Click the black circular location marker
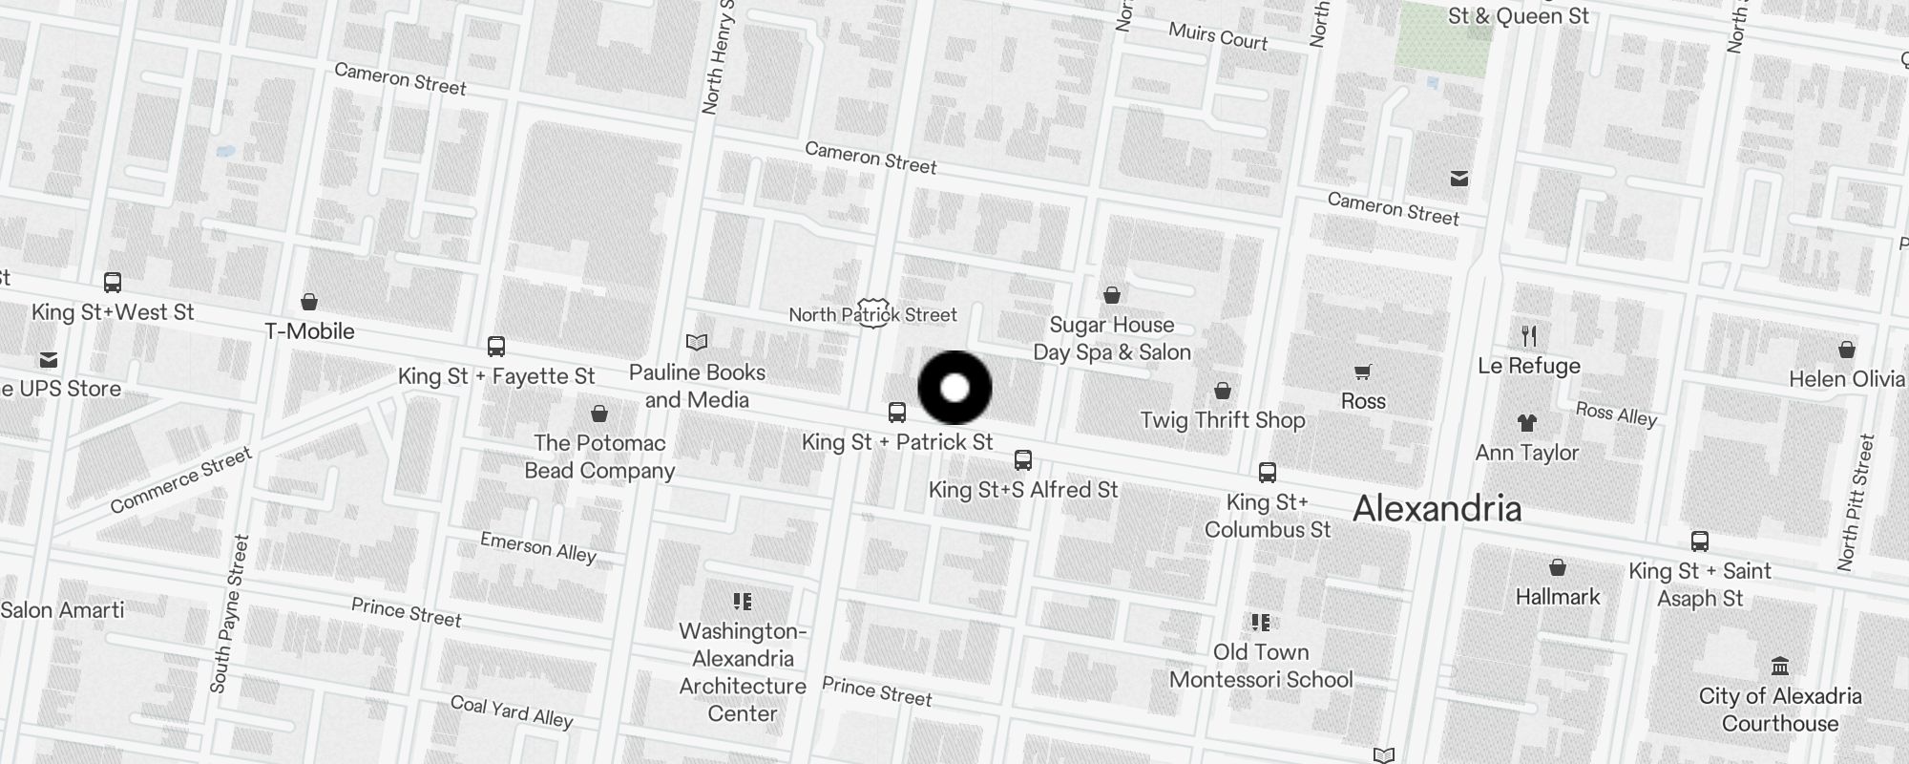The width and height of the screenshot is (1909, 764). (954, 388)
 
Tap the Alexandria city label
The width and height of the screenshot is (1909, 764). (1437, 508)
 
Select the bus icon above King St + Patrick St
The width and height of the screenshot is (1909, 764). (896, 413)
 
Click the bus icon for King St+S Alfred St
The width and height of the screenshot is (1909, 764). (1023, 461)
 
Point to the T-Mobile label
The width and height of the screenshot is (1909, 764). (309, 331)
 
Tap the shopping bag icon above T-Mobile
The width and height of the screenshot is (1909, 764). (309, 302)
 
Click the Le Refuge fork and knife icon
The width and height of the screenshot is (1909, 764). (1529, 335)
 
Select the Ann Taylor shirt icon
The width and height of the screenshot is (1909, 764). (1526, 423)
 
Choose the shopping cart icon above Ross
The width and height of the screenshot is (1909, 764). (1362, 371)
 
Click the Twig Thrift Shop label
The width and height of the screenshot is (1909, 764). (1223, 420)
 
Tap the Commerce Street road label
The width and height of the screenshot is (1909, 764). (180, 480)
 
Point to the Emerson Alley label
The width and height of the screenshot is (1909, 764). (537, 548)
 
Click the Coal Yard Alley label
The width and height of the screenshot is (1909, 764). (511, 711)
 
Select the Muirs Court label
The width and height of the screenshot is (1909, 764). (1218, 36)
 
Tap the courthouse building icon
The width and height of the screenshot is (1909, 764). (1779, 666)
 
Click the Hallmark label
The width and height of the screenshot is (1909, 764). (1558, 597)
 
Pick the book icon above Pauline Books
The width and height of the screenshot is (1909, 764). (697, 343)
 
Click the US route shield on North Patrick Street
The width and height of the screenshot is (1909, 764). (872, 312)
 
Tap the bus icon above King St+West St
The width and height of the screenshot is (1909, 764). (113, 283)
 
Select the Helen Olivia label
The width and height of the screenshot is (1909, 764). (1846, 379)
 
